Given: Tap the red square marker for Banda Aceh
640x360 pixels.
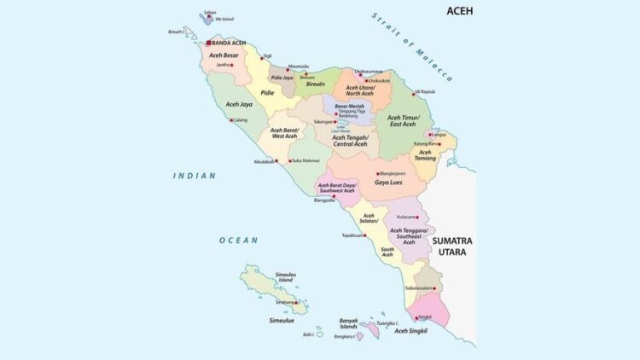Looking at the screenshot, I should [x=207, y=42].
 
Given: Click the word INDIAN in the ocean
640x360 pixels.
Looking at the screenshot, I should [x=195, y=176].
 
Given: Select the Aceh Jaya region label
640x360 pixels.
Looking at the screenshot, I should [x=238, y=104].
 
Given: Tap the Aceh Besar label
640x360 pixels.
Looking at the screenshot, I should [x=224, y=55].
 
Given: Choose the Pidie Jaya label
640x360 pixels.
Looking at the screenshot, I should [x=282, y=77].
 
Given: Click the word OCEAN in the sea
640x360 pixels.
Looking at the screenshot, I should [x=238, y=241].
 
